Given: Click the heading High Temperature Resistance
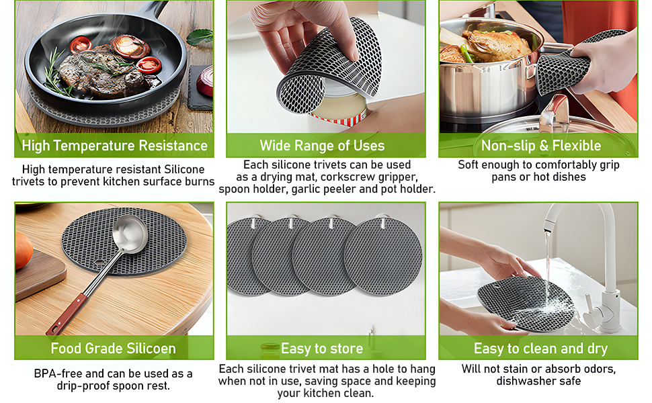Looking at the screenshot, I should pos(114,146).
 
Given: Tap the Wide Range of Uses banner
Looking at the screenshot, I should pos(322,146).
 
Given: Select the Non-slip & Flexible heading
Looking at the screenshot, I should pos(540,146).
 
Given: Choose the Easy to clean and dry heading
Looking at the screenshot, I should pos(540,349).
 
